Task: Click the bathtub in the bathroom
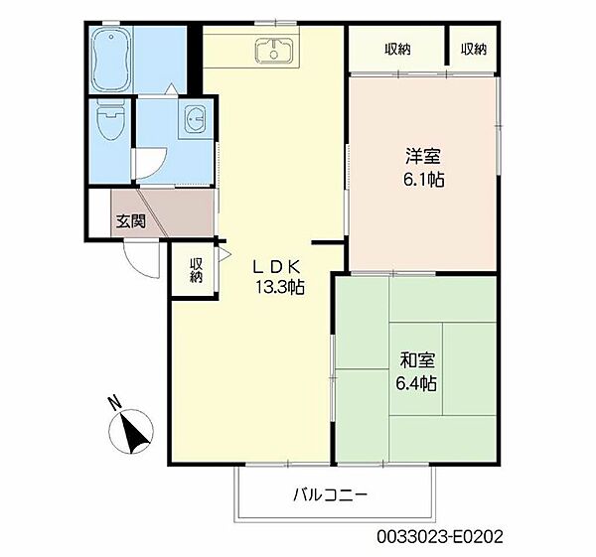pyautogui.click(x=111, y=59)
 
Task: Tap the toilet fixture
pyautogui.click(x=110, y=118)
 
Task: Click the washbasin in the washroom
pyautogui.click(x=195, y=116)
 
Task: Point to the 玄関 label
pyautogui.click(x=131, y=221)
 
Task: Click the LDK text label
pyautogui.click(x=277, y=267)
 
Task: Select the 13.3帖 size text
pyautogui.click(x=280, y=288)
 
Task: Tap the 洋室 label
pyautogui.click(x=423, y=156)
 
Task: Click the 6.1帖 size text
pyautogui.click(x=424, y=180)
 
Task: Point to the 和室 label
pyautogui.click(x=417, y=360)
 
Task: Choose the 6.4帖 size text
pyautogui.click(x=416, y=383)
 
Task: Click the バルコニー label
pyautogui.click(x=331, y=494)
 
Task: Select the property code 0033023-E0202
pyautogui.click(x=440, y=537)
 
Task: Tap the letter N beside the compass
pyautogui.click(x=114, y=403)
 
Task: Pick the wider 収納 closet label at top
pyautogui.click(x=397, y=50)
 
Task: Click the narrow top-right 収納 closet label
pyautogui.click(x=474, y=50)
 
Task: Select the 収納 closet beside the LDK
pyautogui.click(x=196, y=270)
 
